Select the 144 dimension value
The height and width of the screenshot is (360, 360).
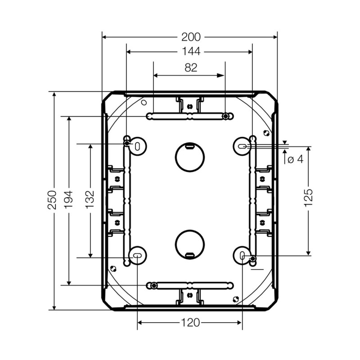(191, 52)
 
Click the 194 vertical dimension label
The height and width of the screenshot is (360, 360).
(68, 199)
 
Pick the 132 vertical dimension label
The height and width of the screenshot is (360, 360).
(90, 199)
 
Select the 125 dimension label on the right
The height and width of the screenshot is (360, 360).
(308, 198)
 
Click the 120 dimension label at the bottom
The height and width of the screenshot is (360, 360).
(191, 322)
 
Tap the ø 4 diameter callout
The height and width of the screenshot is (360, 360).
(296, 159)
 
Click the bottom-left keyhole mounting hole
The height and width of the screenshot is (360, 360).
(137, 256)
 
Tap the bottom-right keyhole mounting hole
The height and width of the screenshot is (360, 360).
(243, 256)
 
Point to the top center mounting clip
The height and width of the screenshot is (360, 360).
(189, 105)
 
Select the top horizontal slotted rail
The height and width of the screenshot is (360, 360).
(189, 117)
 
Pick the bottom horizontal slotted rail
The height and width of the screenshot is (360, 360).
(189, 285)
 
